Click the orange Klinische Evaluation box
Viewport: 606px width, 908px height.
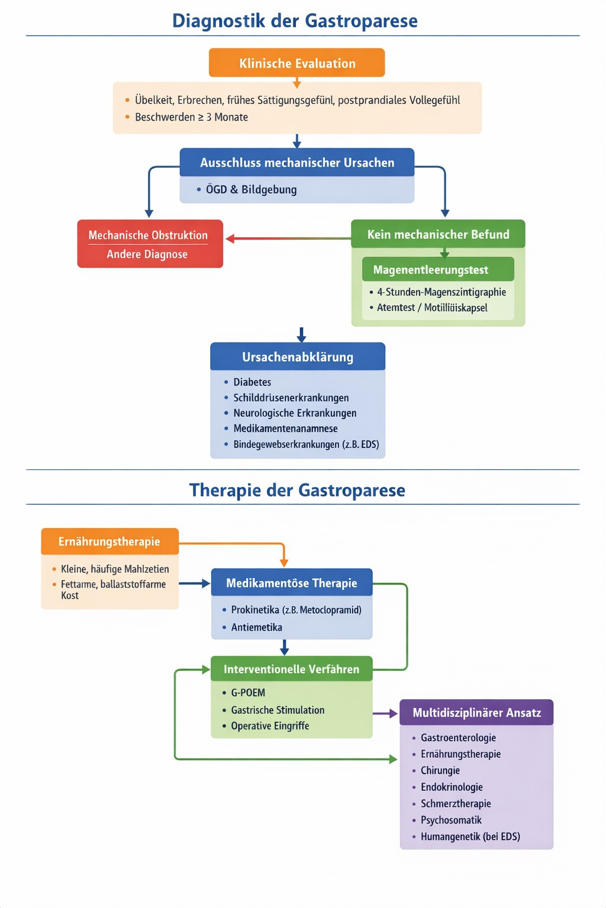tap(296, 63)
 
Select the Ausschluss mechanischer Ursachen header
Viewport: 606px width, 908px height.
tap(296, 163)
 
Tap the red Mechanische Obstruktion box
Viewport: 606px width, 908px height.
tap(150, 244)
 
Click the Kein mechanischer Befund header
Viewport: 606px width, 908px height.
tap(438, 235)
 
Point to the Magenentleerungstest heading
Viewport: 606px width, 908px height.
tap(431, 270)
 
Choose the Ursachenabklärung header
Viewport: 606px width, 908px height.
tap(298, 357)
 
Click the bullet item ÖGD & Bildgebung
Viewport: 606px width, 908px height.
tap(251, 190)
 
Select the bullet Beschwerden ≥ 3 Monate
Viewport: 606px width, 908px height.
tap(191, 117)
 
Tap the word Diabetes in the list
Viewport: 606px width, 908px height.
tap(252, 382)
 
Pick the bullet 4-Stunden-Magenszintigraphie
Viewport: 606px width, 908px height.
tap(441, 292)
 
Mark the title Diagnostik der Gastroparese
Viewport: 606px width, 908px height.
tap(295, 21)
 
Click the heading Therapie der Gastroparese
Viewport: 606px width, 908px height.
tap(297, 490)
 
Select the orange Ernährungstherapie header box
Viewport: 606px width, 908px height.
tap(109, 541)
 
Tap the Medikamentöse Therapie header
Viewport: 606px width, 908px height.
tap(292, 583)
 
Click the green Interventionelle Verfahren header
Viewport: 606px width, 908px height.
tap(291, 669)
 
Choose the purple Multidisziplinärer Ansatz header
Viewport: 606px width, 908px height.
tap(476, 713)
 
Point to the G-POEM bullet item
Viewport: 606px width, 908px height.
tap(248, 693)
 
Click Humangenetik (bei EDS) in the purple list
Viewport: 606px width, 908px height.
tap(470, 836)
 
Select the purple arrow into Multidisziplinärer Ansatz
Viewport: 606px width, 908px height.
tap(386, 714)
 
